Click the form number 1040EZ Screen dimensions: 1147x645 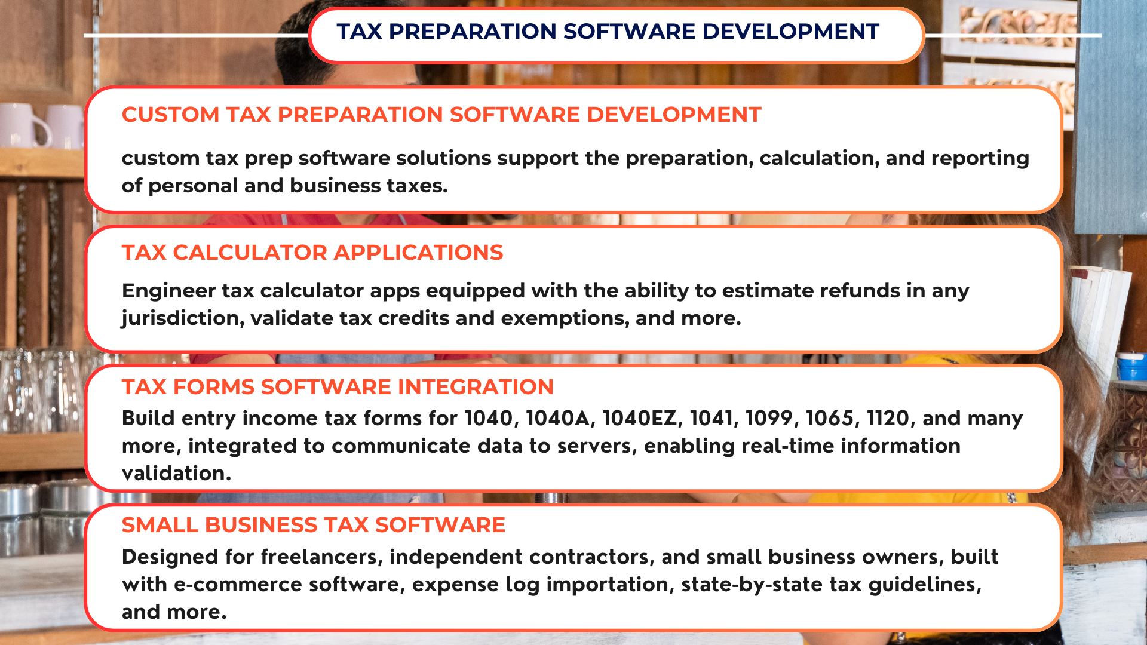tap(643, 418)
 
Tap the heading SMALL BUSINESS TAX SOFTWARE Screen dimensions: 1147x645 tap(314, 525)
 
